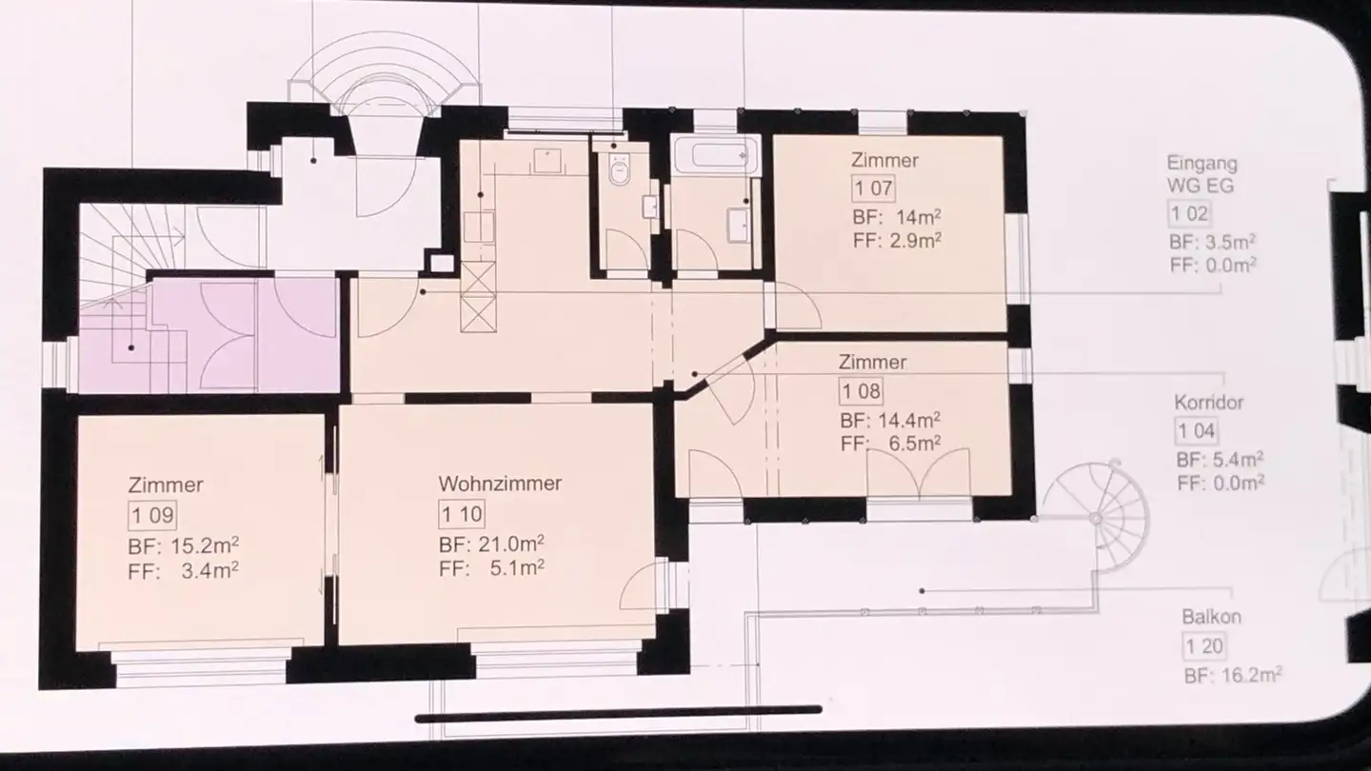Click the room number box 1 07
click(872, 188)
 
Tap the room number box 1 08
click(861, 390)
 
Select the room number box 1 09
click(151, 516)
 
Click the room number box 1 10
click(462, 515)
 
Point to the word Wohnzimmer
click(500, 484)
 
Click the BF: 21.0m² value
click(491, 545)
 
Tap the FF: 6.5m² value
click(891, 443)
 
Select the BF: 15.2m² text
click(183, 546)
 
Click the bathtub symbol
click(715, 154)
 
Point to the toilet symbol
click(620, 170)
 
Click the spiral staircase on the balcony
click(1096, 516)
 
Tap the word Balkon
click(1211, 617)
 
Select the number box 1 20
click(1203, 647)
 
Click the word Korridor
click(1208, 403)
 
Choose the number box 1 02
click(1189, 213)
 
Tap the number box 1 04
click(1196, 431)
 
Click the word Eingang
click(1202, 163)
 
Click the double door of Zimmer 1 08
click(918, 474)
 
